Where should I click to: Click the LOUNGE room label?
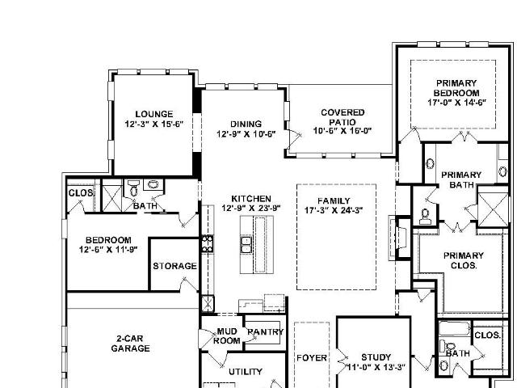coord(154,114)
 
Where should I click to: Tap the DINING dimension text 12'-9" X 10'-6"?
coord(246,134)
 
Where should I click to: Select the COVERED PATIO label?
coord(343,117)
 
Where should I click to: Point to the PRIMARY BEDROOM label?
coord(456,88)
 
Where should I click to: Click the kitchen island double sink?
coord(246,244)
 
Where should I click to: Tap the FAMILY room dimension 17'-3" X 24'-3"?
coord(334,210)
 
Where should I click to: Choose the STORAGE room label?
coord(174,266)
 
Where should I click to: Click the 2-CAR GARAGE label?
coord(130,344)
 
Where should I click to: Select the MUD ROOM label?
coord(226,336)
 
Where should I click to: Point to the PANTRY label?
coord(266,332)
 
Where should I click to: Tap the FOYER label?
coord(312,358)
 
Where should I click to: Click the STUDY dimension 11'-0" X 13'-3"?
coord(376,367)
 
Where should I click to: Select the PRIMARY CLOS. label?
coord(464,260)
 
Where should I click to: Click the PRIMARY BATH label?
coord(461,179)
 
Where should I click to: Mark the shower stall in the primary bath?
coord(493,210)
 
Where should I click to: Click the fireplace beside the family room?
coord(400,237)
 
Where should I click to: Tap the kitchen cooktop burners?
coord(208,243)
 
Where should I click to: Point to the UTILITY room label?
coord(246,372)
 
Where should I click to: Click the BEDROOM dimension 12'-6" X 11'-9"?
coord(108,249)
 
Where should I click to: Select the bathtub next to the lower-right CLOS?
coord(454,328)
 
